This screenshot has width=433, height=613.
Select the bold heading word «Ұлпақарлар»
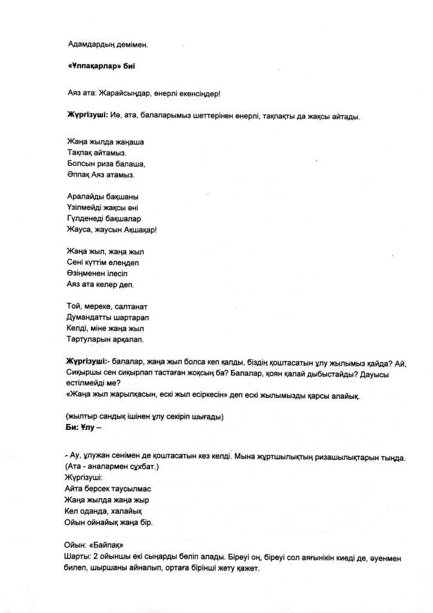[93, 69]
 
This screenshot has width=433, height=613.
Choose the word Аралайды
[84, 196]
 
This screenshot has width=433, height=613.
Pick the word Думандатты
[90, 317]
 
